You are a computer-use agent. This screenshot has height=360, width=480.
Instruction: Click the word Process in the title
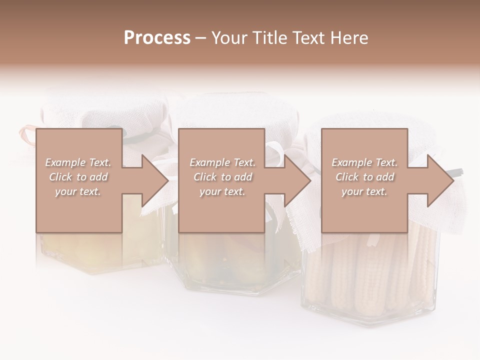pos(157,38)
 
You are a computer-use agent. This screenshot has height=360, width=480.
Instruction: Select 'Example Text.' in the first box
pos(78,162)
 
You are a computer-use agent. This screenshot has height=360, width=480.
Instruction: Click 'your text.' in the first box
pos(78,191)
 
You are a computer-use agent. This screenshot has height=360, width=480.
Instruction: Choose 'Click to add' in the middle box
pos(222,177)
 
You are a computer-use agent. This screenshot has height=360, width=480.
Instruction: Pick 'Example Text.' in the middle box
pos(222,162)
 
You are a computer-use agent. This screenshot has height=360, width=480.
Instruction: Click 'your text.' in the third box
pos(364,191)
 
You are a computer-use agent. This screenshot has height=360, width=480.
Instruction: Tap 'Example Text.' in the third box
pos(364,162)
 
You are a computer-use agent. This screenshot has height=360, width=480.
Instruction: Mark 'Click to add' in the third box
pos(364,177)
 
